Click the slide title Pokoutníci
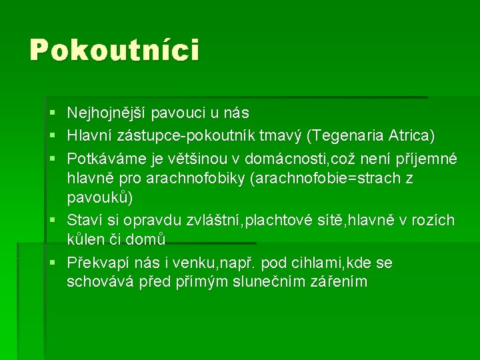(114, 51)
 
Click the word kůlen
(87, 239)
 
